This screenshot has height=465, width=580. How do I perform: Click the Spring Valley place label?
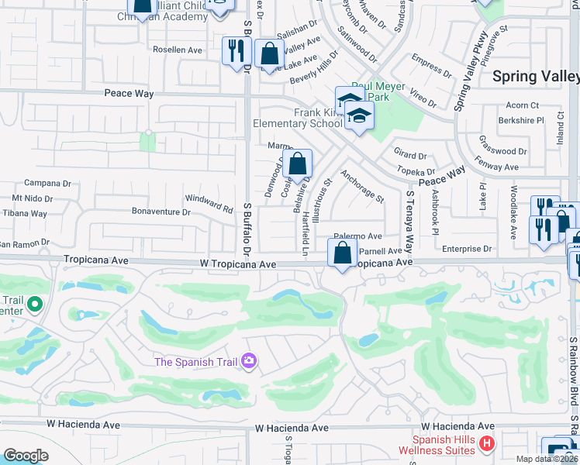pos(535,76)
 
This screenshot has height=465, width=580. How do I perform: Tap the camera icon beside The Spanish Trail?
pos(248,360)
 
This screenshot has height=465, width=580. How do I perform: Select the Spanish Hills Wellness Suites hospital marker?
pos(486,444)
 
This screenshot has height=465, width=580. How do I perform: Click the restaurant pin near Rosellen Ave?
pos(234,52)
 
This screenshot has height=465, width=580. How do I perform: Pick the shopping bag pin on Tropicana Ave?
pos(342,253)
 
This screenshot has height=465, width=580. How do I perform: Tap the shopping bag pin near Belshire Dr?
pos(297,164)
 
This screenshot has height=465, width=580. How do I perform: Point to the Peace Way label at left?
pos(129,93)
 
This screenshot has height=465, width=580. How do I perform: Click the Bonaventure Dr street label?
pos(161,212)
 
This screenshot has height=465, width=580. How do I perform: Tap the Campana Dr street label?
pos(48,184)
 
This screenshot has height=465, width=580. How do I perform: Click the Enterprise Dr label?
pos(467,249)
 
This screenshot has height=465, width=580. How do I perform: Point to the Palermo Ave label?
pos(357,236)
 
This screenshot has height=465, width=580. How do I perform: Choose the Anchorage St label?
pos(362,187)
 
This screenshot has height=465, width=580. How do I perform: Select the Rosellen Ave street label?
pos(178,50)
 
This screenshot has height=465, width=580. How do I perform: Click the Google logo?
pos(26,456)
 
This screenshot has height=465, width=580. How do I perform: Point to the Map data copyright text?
pos(547,459)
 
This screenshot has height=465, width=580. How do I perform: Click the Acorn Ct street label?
pos(522,105)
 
